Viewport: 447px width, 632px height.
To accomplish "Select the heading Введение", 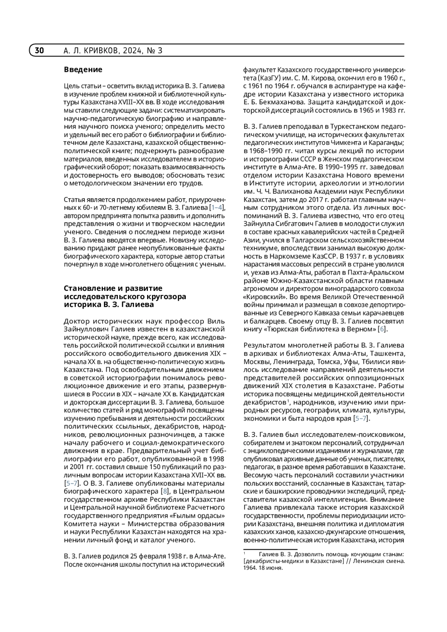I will click(83, 70).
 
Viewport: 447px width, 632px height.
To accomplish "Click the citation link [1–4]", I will click(218, 207).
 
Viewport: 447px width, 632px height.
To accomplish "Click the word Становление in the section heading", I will click(92, 288).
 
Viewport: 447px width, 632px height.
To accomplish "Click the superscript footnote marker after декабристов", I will click(288, 401).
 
